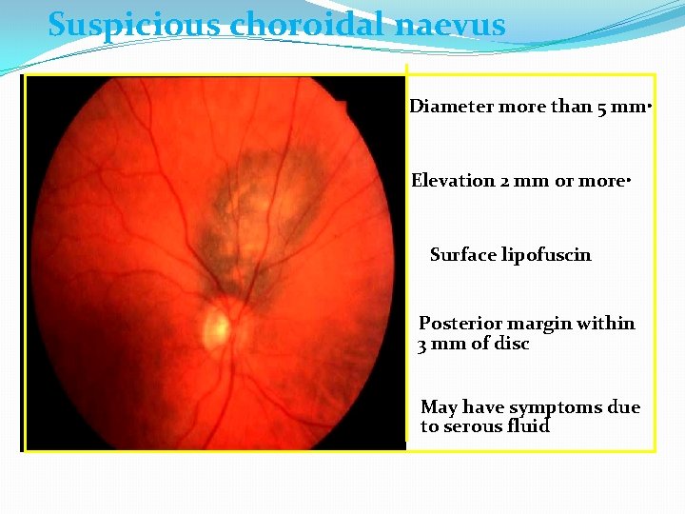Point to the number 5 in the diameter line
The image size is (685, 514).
point(602,107)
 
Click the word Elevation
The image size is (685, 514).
point(453,181)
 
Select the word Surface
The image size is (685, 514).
point(461,255)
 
